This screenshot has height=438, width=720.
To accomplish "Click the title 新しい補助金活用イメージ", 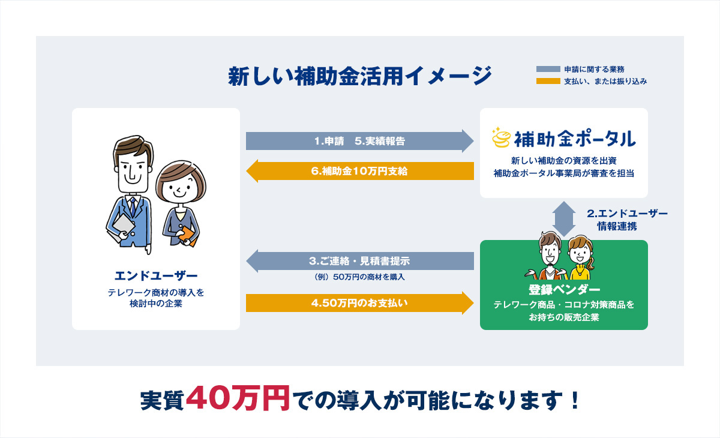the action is coord(359,76).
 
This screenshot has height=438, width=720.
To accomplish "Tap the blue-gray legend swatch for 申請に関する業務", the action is coord(548,69).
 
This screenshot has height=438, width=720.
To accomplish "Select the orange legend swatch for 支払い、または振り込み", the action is coord(548,82).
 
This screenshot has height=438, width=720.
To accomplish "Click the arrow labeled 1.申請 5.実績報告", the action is coord(359,141).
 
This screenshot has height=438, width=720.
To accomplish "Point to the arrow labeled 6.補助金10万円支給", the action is coord(359,171).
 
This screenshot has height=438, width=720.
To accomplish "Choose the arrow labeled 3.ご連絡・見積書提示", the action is coord(359,261).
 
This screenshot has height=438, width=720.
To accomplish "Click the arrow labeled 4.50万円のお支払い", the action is coord(359,303).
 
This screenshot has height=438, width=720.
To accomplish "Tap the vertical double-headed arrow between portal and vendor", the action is coord(564,219).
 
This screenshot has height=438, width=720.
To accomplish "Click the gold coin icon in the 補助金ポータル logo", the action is coord(501,137).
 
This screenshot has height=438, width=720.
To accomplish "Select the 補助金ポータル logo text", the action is coord(575,139).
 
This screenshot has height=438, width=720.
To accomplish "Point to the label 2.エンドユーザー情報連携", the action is coord(627,220).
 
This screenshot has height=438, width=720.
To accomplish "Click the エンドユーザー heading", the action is coord(156,276).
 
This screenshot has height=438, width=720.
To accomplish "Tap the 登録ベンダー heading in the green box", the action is coord(564,290).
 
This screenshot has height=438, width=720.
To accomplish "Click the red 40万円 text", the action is coord(238,398).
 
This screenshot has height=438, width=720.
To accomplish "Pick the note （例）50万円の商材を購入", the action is coord(359,277).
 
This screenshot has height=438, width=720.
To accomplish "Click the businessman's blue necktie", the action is coord(133,206).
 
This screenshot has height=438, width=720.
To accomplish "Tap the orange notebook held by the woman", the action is coord(187,236).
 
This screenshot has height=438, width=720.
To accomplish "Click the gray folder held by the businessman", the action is coord(122,226).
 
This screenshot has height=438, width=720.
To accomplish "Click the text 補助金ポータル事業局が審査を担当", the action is coord(564,173).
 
